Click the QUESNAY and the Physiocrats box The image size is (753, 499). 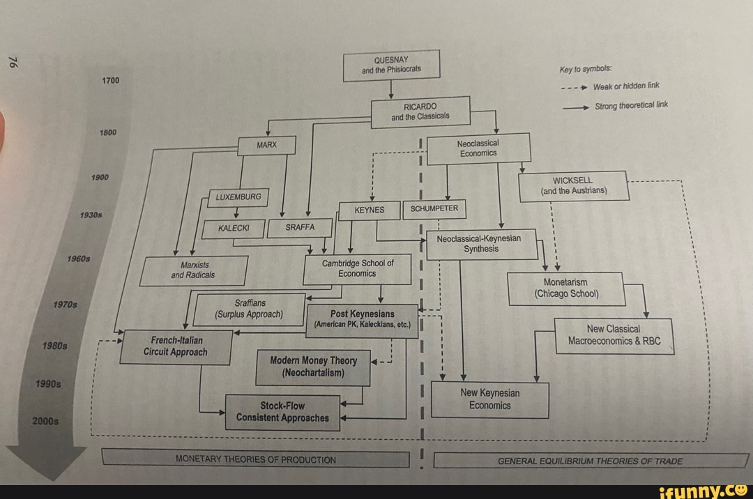point(391,66)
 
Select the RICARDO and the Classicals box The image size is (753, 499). point(420,111)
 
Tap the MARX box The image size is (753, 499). point(267,145)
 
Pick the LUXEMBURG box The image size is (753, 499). point(234,197)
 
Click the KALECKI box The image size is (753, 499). point(233,228)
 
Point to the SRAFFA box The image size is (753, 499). point(301,227)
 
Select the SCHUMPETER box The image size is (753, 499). point(434,208)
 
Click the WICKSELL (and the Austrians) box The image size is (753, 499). point(573,185)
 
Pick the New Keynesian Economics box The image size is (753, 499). point(489,399)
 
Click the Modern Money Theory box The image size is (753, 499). point(314,367)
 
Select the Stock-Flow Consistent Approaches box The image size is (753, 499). point(282,412)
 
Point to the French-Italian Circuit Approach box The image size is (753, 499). point(176,346)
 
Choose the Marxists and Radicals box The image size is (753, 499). point(193,270)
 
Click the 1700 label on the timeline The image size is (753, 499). point(111,81)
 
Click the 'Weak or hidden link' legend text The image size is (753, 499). point(625,86)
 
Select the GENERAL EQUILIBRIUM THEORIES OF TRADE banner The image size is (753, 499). point(590,461)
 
